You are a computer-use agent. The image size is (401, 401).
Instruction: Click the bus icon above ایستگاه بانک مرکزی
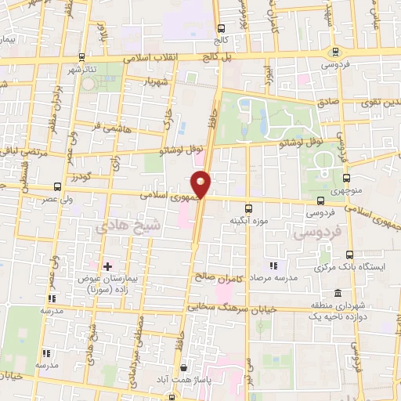pos(349,255)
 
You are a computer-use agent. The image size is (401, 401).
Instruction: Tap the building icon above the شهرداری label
pos(337,292)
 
